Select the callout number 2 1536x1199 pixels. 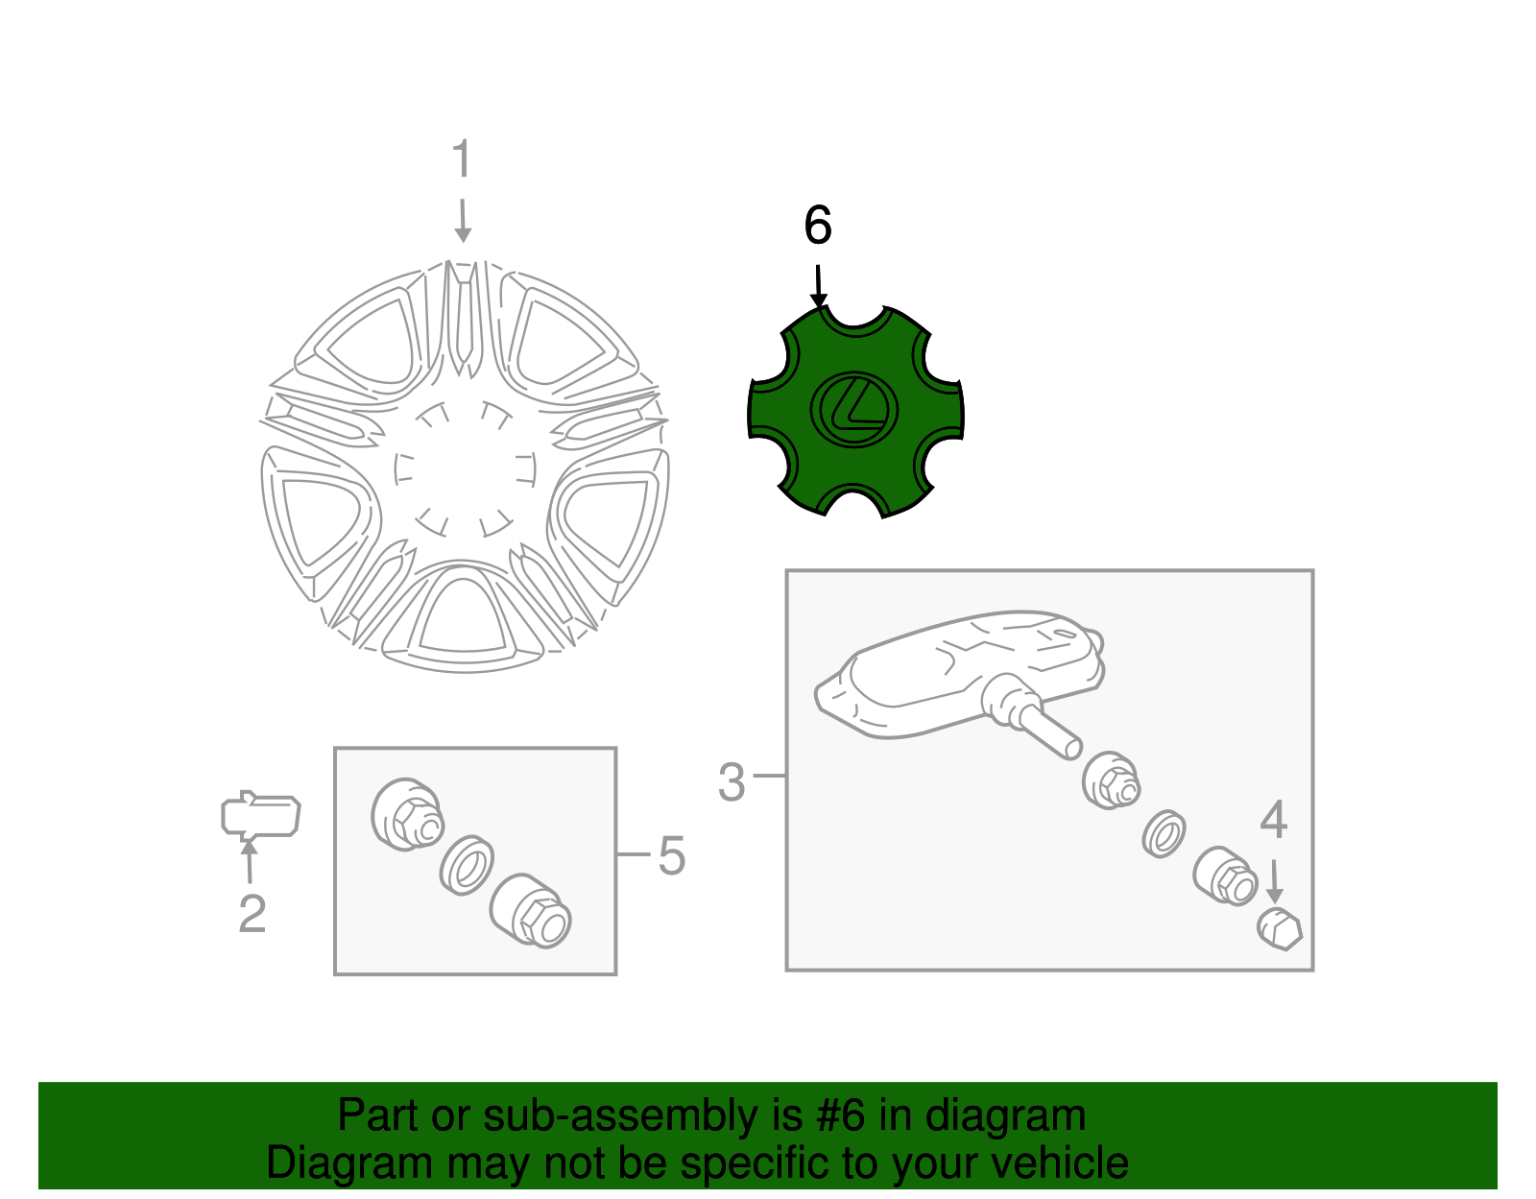point(252,913)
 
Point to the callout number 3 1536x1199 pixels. point(732,782)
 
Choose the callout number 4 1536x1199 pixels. point(1274,820)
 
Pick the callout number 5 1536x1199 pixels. point(671,855)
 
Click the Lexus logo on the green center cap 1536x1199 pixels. point(853,411)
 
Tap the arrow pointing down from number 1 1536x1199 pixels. point(463,221)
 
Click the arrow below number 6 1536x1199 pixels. point(819,287)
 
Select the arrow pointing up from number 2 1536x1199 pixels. point(249,862)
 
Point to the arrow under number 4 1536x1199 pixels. point(1275,881)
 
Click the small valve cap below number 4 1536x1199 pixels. point(1280,929)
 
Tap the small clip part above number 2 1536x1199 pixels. point(261,816)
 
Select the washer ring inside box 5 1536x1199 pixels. point(467,866)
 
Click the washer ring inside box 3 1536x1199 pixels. point(1164,834)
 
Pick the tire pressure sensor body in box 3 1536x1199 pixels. point(958,675)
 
